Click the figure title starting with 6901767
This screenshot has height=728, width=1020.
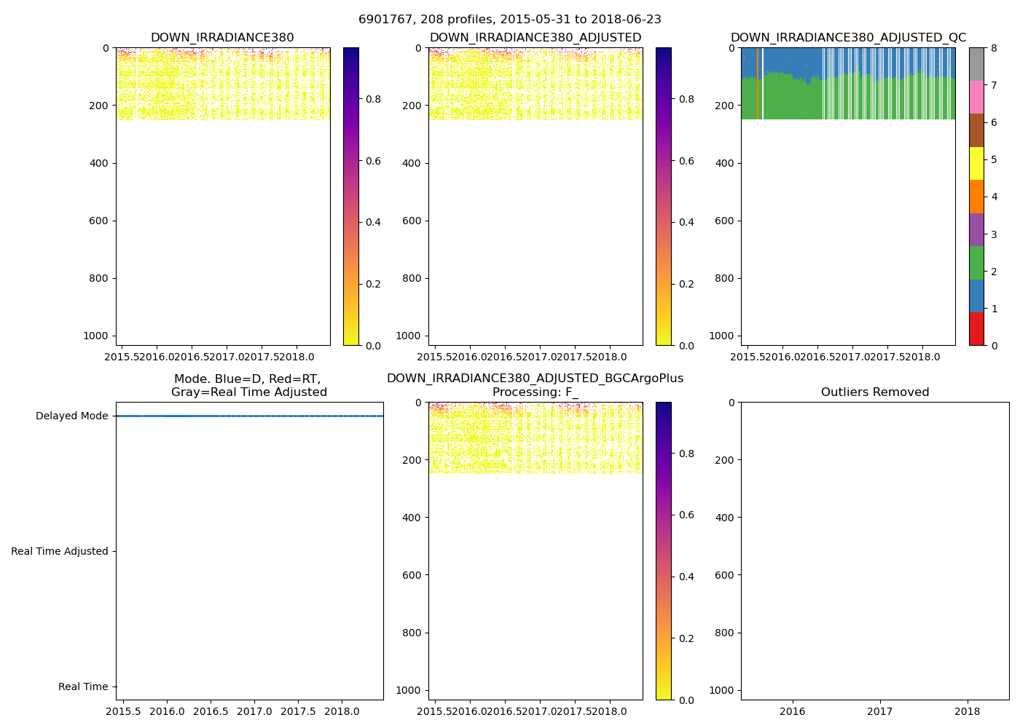(509, 20)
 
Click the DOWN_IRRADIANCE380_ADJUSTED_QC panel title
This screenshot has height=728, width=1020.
(848, 38)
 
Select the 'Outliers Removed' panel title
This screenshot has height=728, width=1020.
(874, 392)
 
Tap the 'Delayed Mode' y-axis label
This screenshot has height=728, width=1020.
(71, 416)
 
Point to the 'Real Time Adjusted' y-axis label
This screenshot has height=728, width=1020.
(59, 552)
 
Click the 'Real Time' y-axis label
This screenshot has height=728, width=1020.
(82, 687)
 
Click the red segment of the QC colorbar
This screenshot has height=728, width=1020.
(976, 328)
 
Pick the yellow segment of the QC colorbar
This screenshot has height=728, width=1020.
(976, 163)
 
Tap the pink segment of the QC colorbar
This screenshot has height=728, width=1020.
(976, 97)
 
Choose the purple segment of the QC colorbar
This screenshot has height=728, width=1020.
(976, 229)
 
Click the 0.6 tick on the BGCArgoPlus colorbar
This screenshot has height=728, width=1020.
(686, 515)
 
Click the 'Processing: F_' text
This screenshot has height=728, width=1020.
(535, 392)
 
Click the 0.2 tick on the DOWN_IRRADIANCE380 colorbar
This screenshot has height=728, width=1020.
(373, 284)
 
